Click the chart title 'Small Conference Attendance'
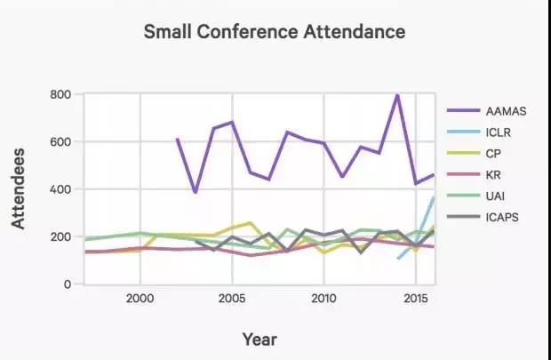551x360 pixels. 275,32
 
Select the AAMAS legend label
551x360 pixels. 506,111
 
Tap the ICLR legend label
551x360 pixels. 499,133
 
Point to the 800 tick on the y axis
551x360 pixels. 60,94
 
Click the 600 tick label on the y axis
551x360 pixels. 60,142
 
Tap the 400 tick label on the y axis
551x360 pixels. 60,189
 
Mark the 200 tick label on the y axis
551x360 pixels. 60,237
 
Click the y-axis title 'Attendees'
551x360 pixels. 19,188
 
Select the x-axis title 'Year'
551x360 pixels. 260,339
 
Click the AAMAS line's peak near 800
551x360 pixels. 397,95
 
